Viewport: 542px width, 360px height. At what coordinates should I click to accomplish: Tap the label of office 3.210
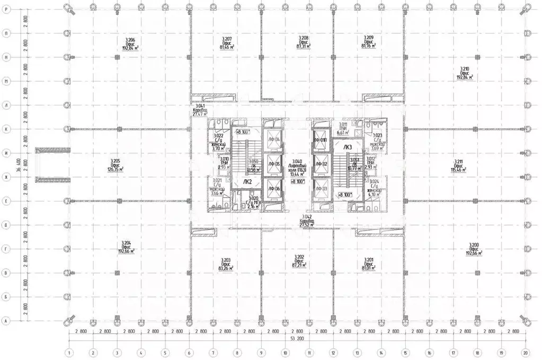tap(464, 73)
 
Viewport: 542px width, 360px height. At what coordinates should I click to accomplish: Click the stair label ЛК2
tap(247, 181)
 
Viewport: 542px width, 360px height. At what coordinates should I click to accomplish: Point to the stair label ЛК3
tap(348, 147)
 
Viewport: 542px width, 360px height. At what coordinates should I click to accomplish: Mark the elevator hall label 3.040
tap(296, 165)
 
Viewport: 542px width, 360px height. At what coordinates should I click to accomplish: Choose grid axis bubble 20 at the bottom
tap(525, 352)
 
